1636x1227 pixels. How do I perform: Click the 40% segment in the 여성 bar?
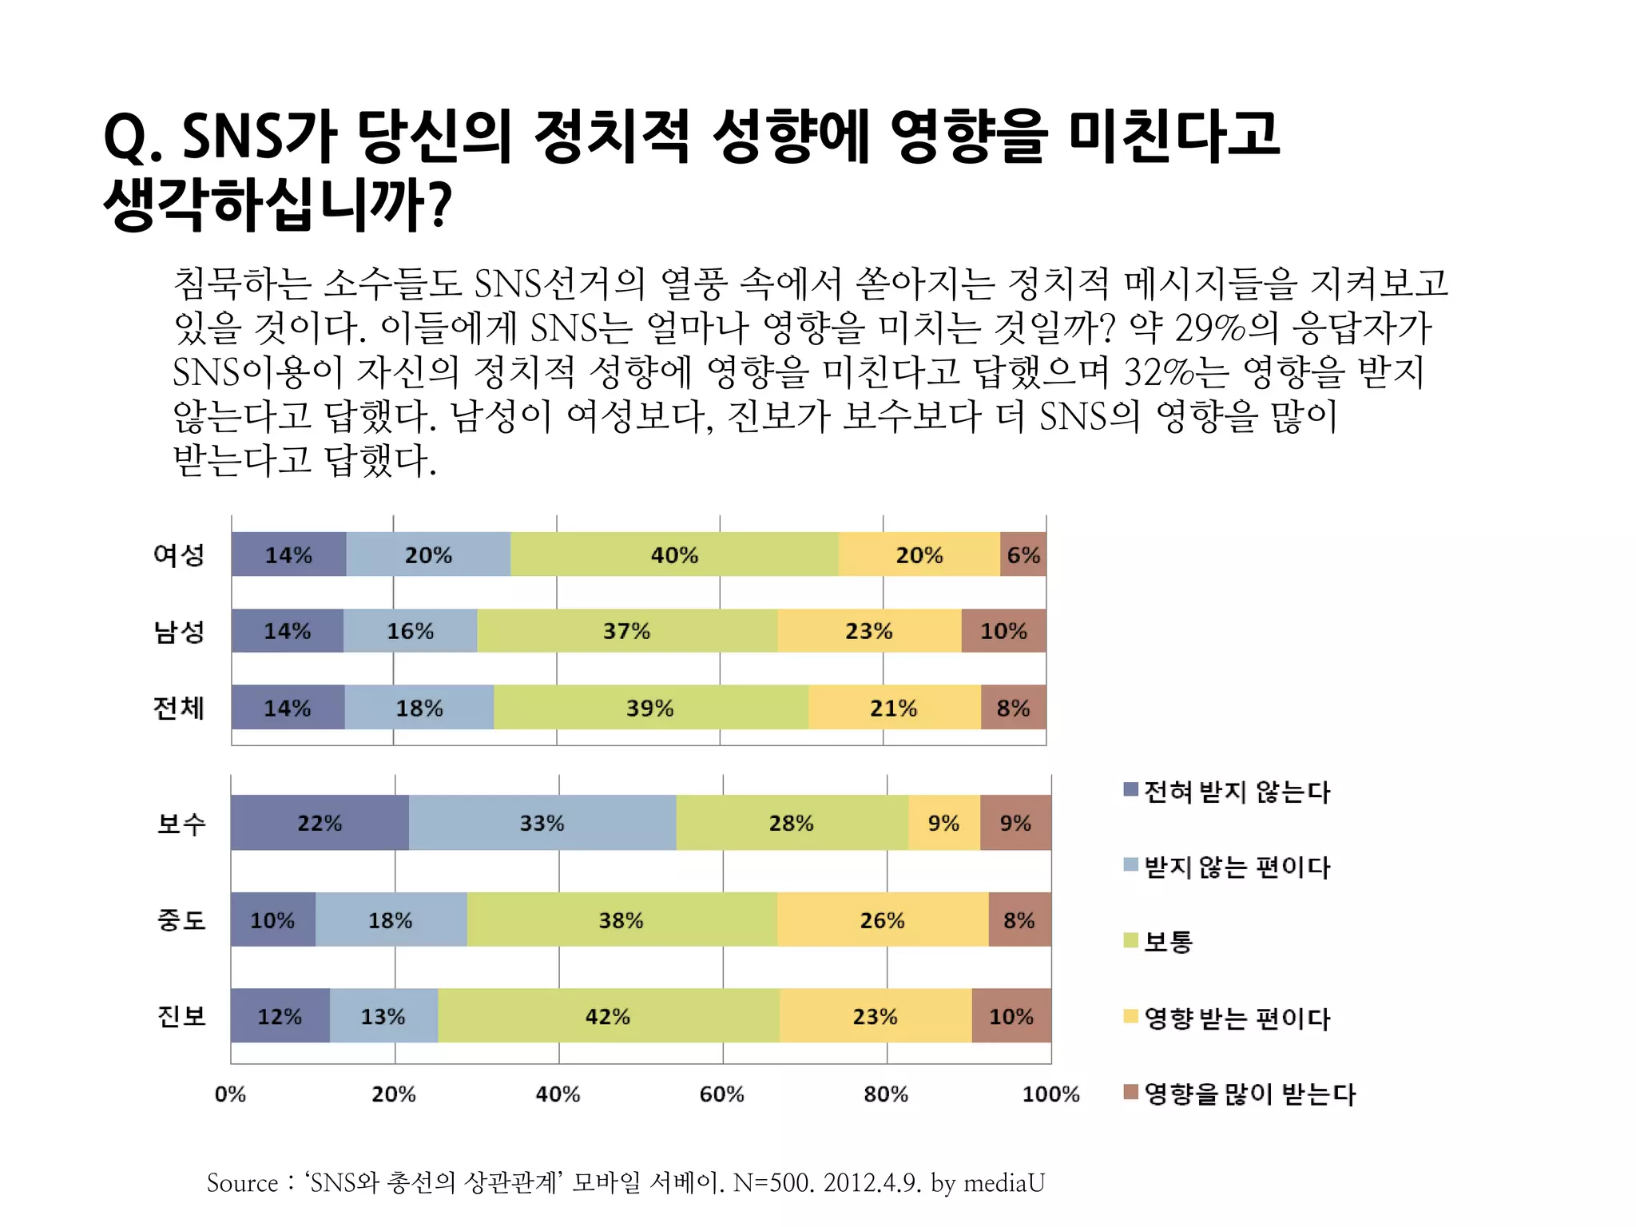click(674, 554)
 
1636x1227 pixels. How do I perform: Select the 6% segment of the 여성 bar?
click(1023, 554)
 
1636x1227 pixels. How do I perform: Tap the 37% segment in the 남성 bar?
click(627, 631)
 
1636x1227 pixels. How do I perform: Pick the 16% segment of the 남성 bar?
click(411, 631)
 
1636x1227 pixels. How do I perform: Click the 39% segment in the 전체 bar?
click(650, 708)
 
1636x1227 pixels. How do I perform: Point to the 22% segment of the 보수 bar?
click(320, 823)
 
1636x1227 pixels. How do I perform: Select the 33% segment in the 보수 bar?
click(542, 823)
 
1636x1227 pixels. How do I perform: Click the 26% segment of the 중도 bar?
click(883, 920)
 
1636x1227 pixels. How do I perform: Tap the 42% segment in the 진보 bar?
click(608, 1016)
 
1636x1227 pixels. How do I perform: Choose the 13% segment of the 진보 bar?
click(383, 1016)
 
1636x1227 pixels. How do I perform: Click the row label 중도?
click(181, 920)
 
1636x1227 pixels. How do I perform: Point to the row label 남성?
click(180, 631)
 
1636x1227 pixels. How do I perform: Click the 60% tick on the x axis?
click(722, 1094)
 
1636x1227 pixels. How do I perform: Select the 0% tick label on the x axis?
click(230, 1094)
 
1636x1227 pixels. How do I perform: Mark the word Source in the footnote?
click(242, 1182)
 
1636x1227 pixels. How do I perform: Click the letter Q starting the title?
click(125, 138)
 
